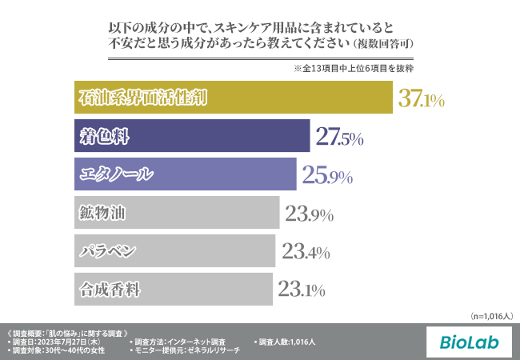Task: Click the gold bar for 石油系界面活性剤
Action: [x=233, y=98]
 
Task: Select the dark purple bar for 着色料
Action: [x=191, y=136]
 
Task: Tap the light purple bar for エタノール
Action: [x=183, y=174]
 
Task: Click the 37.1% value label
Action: [x=421, y=99]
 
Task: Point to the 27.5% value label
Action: [x=339, y=138]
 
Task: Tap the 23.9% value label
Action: [x=309, y=214]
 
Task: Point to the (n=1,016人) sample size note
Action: [x=491, y=316]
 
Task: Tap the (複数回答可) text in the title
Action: [x=382, y=41]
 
